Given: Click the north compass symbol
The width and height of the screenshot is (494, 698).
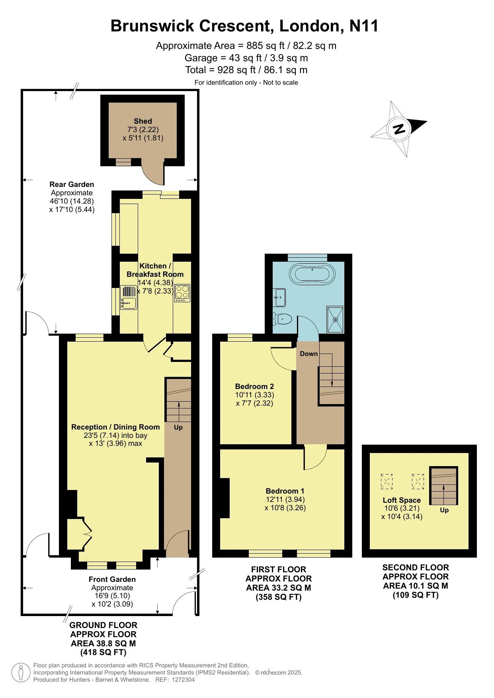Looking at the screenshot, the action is point(399,129).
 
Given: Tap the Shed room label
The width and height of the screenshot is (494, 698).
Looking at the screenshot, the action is point(143,121).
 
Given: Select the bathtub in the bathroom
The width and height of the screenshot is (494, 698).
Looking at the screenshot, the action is point(312,274).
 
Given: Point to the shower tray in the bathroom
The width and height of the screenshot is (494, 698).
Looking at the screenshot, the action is point(335,319).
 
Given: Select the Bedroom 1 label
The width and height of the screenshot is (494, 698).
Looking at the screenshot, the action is point(285,491).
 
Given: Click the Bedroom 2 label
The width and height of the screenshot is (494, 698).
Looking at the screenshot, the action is point(254,387).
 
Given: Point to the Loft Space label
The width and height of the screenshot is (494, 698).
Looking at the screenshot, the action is point(402,500).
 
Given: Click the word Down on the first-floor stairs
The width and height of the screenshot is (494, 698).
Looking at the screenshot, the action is point(309,354).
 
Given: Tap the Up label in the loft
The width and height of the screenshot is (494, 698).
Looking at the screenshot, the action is point(444,510).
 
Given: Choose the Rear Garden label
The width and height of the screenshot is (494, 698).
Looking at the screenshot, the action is point(72,185).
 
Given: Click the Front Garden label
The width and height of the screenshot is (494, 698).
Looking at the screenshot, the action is point(112,579).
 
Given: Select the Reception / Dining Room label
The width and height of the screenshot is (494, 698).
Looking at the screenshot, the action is point(115,427).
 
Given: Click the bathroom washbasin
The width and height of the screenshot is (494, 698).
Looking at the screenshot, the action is point(279,297).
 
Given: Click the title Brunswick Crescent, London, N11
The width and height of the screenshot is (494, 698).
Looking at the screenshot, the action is point(244,26).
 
